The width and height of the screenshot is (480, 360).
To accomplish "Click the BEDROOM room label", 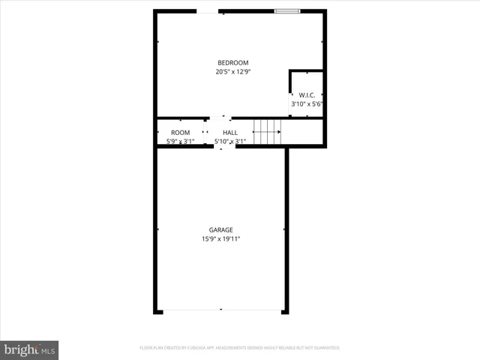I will pyautogui.click(x=232, y=62).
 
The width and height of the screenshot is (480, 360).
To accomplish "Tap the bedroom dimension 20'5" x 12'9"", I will pyautogui.click(x=232, y=72).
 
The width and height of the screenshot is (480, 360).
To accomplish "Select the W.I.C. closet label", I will pyautogui.click(x=306, y=95).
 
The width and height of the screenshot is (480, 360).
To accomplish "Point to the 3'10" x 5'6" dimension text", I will pyautogui.click(x=306, y=105).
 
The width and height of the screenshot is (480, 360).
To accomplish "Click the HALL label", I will pyautogui.click(x=230, y=132).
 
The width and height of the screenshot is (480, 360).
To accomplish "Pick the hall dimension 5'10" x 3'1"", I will pyautogui.click(x=230, y=141).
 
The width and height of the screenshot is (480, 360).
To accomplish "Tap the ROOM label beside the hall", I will pyautogui.click(x=180, y=132).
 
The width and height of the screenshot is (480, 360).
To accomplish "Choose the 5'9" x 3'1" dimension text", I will pyautogui.click(x=180, y=141).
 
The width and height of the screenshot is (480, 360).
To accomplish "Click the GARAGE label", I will pyautogui.click(x=220, y=229).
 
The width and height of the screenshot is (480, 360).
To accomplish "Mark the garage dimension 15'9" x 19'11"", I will pyautogui.click(x=220, y=239).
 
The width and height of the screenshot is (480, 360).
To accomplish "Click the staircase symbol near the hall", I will pyautogui.click(x=266, y=132).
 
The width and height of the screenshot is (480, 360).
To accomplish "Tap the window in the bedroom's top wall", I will pyautogui.click(x=286, y=10).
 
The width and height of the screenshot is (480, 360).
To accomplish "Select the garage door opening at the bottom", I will pyautogui.click(x=220, y=310).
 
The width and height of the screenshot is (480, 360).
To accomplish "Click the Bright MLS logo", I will pyautogui.click(x=29, y=349).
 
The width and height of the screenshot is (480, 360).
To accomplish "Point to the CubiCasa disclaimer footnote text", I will pyautogui.click(x=240, y=348).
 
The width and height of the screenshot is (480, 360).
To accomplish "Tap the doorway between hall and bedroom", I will pyautogui.click(x=219, y=118).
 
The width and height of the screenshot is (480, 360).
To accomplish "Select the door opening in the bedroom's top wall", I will pyautogui.click(x=208, y=10).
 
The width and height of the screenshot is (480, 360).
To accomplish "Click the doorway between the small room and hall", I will pyautogui.click(x=205, y=132).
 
